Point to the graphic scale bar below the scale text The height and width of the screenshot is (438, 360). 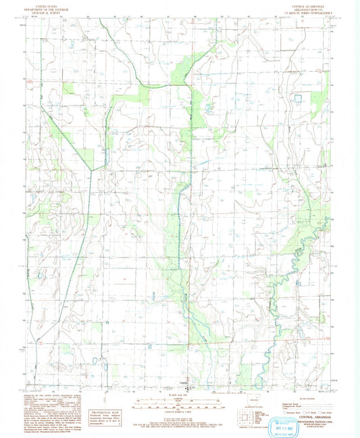coord(180,406)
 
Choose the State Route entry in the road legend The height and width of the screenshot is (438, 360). coord(324,410)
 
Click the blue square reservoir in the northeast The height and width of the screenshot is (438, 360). coord(297,99)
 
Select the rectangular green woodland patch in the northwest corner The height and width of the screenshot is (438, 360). coord(70,88)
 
